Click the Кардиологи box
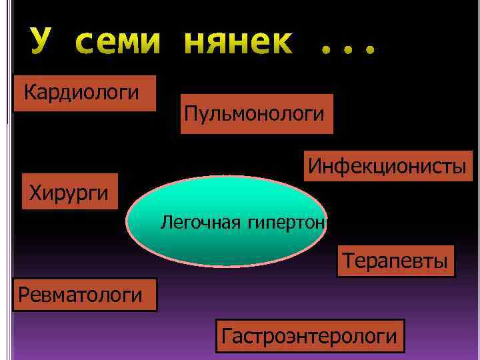(84, 93)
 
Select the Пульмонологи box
(257, 113)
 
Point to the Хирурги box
(69, 192)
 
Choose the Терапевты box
(397, 260)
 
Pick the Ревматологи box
(85, 294)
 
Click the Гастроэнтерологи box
(310, 335)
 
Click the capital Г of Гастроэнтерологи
(228, 335)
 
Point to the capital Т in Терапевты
(347, 260)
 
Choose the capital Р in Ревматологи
(25, 294)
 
